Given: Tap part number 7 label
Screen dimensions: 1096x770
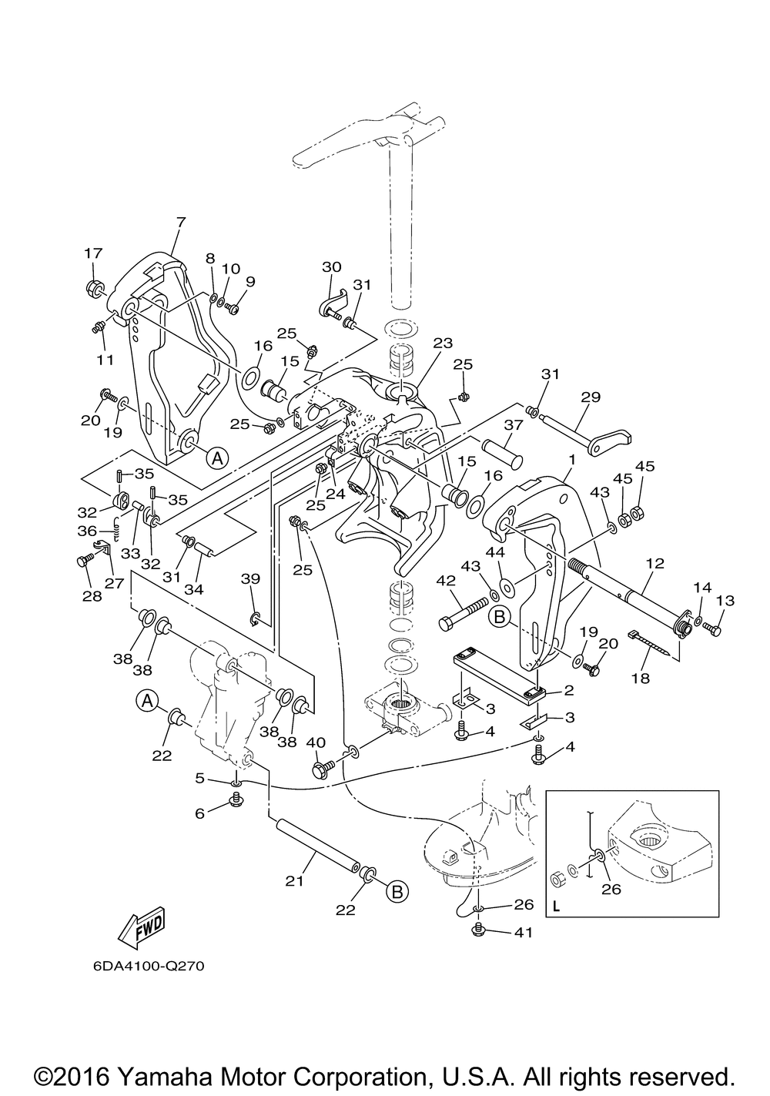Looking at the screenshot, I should pos(181,223).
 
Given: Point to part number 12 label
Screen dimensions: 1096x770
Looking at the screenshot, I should pos(654,563).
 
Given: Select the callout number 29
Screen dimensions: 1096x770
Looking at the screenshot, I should pos(590,397).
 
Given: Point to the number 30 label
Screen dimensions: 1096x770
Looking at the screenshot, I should pos(332,266).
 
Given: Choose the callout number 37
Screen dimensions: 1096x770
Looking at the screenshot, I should pos(514,425).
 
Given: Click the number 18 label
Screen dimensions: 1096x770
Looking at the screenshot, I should pos(641,679).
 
